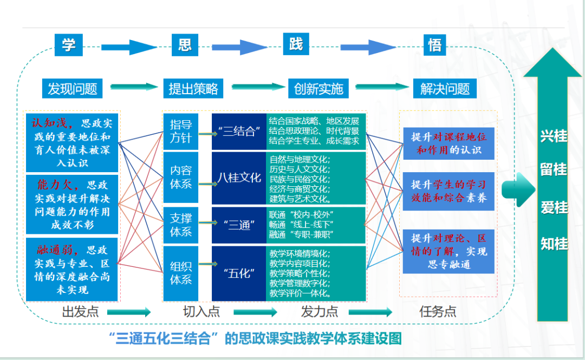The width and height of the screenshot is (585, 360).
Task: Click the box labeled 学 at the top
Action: [x=68, y=45]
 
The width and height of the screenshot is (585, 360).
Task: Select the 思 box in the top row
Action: [x=184, y=45]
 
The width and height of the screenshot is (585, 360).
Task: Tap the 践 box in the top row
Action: [x=296, y=44]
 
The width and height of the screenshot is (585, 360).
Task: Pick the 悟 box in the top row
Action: [x=435, y=45]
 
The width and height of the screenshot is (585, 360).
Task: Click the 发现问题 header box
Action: [x=73, y=88]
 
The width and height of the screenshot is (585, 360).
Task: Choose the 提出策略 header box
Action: [x=193, y=88]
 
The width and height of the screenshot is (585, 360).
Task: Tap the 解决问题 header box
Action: [x=445, y=88]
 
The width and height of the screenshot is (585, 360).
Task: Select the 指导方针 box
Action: [x=181, y=131]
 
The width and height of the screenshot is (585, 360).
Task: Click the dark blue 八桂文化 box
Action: [x=239, y=178]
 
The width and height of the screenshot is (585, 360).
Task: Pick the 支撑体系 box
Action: [x=181, y=225]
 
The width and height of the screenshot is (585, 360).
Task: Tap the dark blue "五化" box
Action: [x=239, y=273]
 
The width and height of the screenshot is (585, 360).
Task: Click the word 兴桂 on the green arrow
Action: [x=554, y=136]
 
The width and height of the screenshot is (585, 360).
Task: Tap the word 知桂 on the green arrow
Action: [x=554, y=244]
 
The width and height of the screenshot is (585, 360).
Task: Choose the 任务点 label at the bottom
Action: [x=438, y=311]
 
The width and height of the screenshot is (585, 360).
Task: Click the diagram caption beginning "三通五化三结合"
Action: [x=255, y=339]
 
